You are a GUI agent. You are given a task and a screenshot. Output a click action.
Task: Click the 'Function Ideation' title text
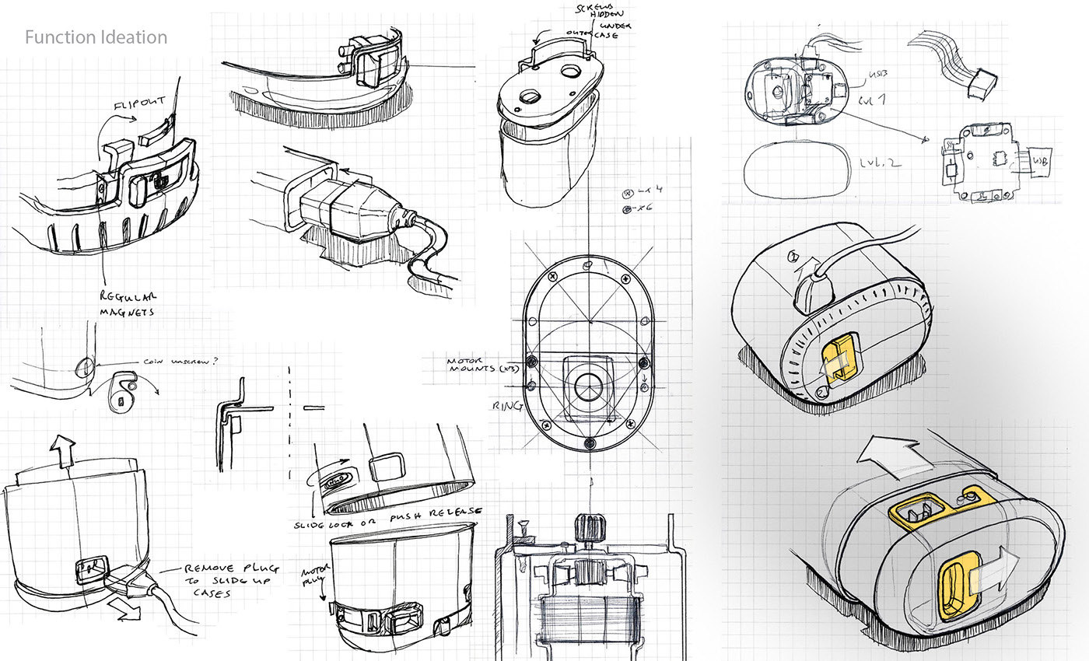tap(96, 37)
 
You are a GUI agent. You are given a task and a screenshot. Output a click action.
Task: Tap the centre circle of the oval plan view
tap(590, 386)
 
